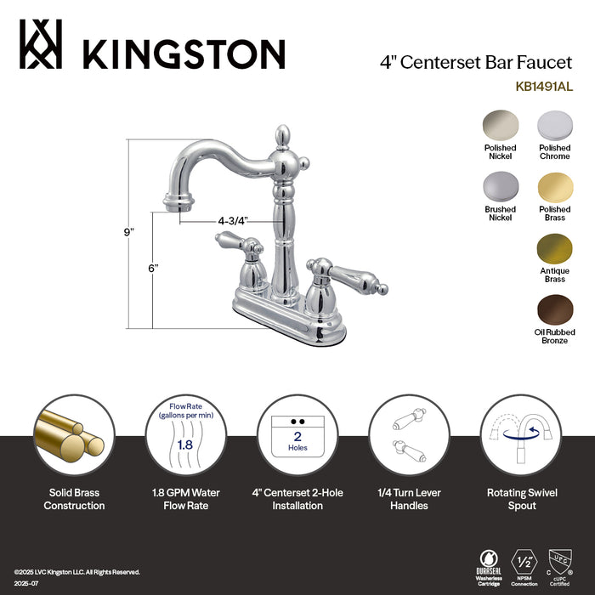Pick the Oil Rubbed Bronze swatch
tap(554, 309)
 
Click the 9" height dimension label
tap(128, 232)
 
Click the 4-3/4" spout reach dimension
tap(232, 220)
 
